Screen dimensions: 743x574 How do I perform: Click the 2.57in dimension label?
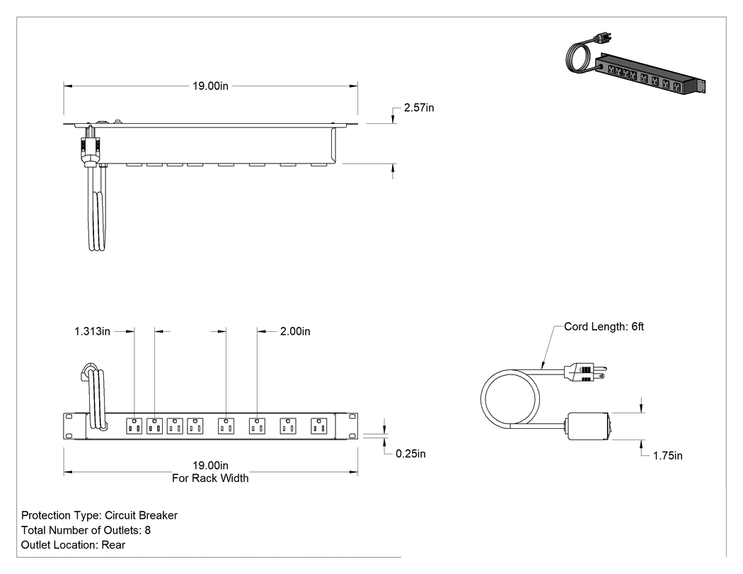pyautogui.click(x=419, y=108)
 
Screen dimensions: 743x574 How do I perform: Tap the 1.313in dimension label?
pyautogui.click(x=92, y=331)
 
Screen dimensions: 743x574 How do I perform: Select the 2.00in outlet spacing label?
pyautogui.click(x=295, y=331)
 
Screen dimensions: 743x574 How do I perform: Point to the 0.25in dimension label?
pyautogui.click(x=410, y=454)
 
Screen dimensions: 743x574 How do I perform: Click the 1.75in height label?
pyautogui.click(x=668, y=456)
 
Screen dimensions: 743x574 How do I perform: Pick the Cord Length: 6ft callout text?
pyautogui.click(x=604, y=326)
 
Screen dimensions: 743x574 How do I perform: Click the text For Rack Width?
pyautogui.click(x=210, y=478)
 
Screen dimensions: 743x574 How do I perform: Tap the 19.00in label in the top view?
pyautogui.click(x=210, y=86)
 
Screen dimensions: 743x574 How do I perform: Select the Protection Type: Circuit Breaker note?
pyautogui.click(x=100, y=515)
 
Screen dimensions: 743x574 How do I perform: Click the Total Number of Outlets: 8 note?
pyautogui.click(x=86, y=530)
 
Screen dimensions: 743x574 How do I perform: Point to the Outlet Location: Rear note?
pyautogui.click(x=73, y=544)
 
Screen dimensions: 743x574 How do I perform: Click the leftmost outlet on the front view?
pyautogui.click(x=134, y=425)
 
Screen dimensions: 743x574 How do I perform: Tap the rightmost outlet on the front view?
pyautogui.click(x=319, y=425)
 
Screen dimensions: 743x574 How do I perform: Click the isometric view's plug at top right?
pyautogui.click(x=604, y=37)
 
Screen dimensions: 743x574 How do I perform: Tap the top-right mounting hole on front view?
pyautogui.click(x=352, y=417)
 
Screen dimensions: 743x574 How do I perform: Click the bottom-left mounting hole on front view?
pyautogui.click(x=69, y=435)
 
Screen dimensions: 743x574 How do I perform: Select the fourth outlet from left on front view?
pyautogui.click(x=195, y=425)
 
